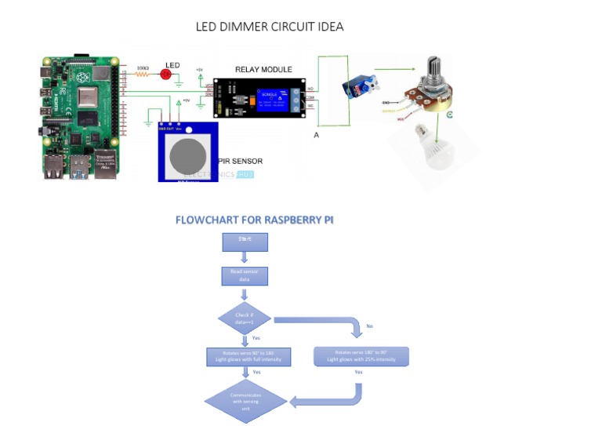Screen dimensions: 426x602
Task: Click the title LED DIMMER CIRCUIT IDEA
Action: (269, 27)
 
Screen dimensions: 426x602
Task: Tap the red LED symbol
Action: (166, 74)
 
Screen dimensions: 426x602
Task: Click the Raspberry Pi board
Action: (78, 118)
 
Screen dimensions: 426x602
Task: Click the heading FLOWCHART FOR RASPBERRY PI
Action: (254, 220)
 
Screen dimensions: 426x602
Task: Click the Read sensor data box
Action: (245, 276)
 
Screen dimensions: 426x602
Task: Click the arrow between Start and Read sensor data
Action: (245, 258)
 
